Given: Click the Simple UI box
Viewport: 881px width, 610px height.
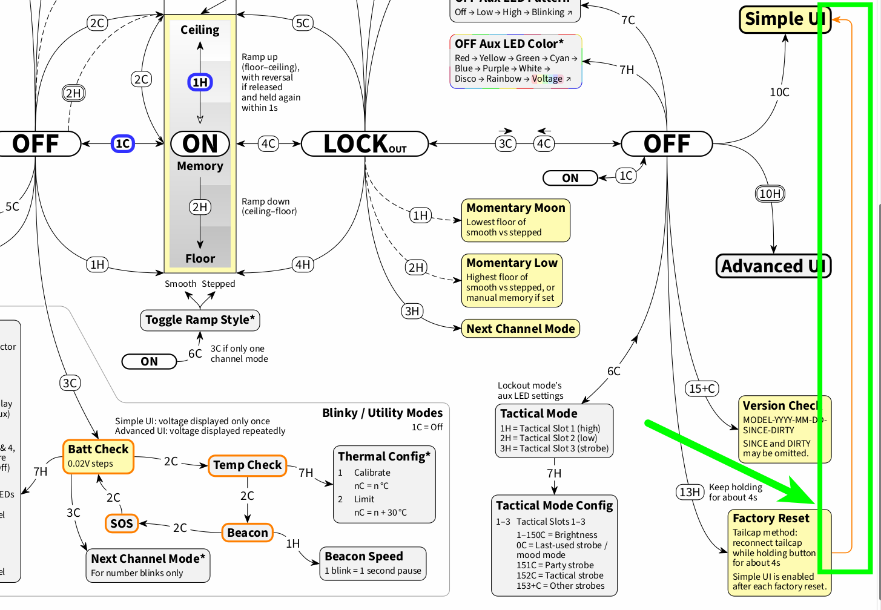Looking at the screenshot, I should pos(785,19).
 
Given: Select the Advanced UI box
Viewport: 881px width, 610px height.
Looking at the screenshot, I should pos(773,266).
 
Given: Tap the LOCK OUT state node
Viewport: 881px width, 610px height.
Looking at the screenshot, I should pos(365,144).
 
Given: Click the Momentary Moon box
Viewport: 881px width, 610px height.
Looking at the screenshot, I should pos(515,220).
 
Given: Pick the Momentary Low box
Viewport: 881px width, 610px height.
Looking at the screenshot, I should pos(512,280).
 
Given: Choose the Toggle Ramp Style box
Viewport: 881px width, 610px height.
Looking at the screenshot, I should pos(200,320).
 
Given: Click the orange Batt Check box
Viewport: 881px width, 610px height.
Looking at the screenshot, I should pos(98,456).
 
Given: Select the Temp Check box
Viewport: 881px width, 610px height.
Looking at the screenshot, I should pos(247,465).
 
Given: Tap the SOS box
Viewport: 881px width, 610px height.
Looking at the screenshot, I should pos(121,523).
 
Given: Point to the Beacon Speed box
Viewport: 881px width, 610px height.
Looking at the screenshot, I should pos(373,563).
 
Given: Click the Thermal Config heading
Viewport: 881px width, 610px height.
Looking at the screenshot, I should pos(384,456).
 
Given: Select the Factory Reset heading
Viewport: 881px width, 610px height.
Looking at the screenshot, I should pos(771,518).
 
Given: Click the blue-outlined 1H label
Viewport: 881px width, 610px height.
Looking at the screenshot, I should pos(200,82).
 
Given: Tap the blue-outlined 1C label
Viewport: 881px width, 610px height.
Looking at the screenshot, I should pos(123,144).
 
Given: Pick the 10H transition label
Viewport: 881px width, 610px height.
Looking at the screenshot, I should pos(770,194).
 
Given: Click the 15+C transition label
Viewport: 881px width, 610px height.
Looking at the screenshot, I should pos(702,389).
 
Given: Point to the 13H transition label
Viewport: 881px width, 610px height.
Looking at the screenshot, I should pos(690,492).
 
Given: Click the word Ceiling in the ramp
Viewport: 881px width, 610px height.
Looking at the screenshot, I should pos(200,30).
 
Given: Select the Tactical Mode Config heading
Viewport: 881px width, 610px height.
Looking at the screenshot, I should pos(554,505).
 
